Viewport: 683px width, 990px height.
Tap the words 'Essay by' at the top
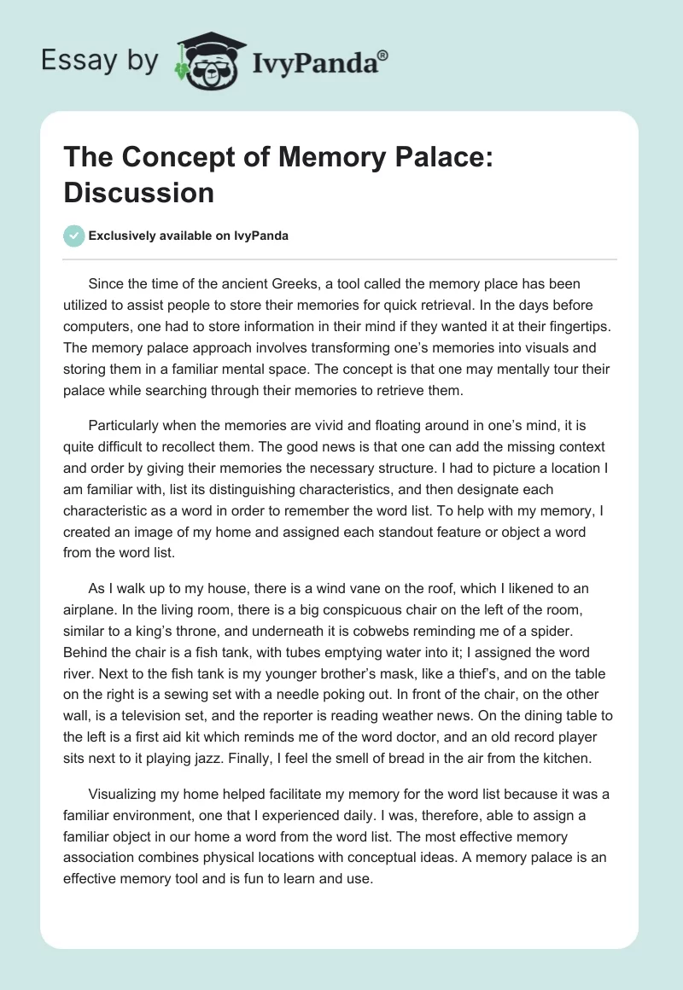click(x=99, y=60)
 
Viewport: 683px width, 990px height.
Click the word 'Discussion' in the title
click(x=138, y=192)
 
